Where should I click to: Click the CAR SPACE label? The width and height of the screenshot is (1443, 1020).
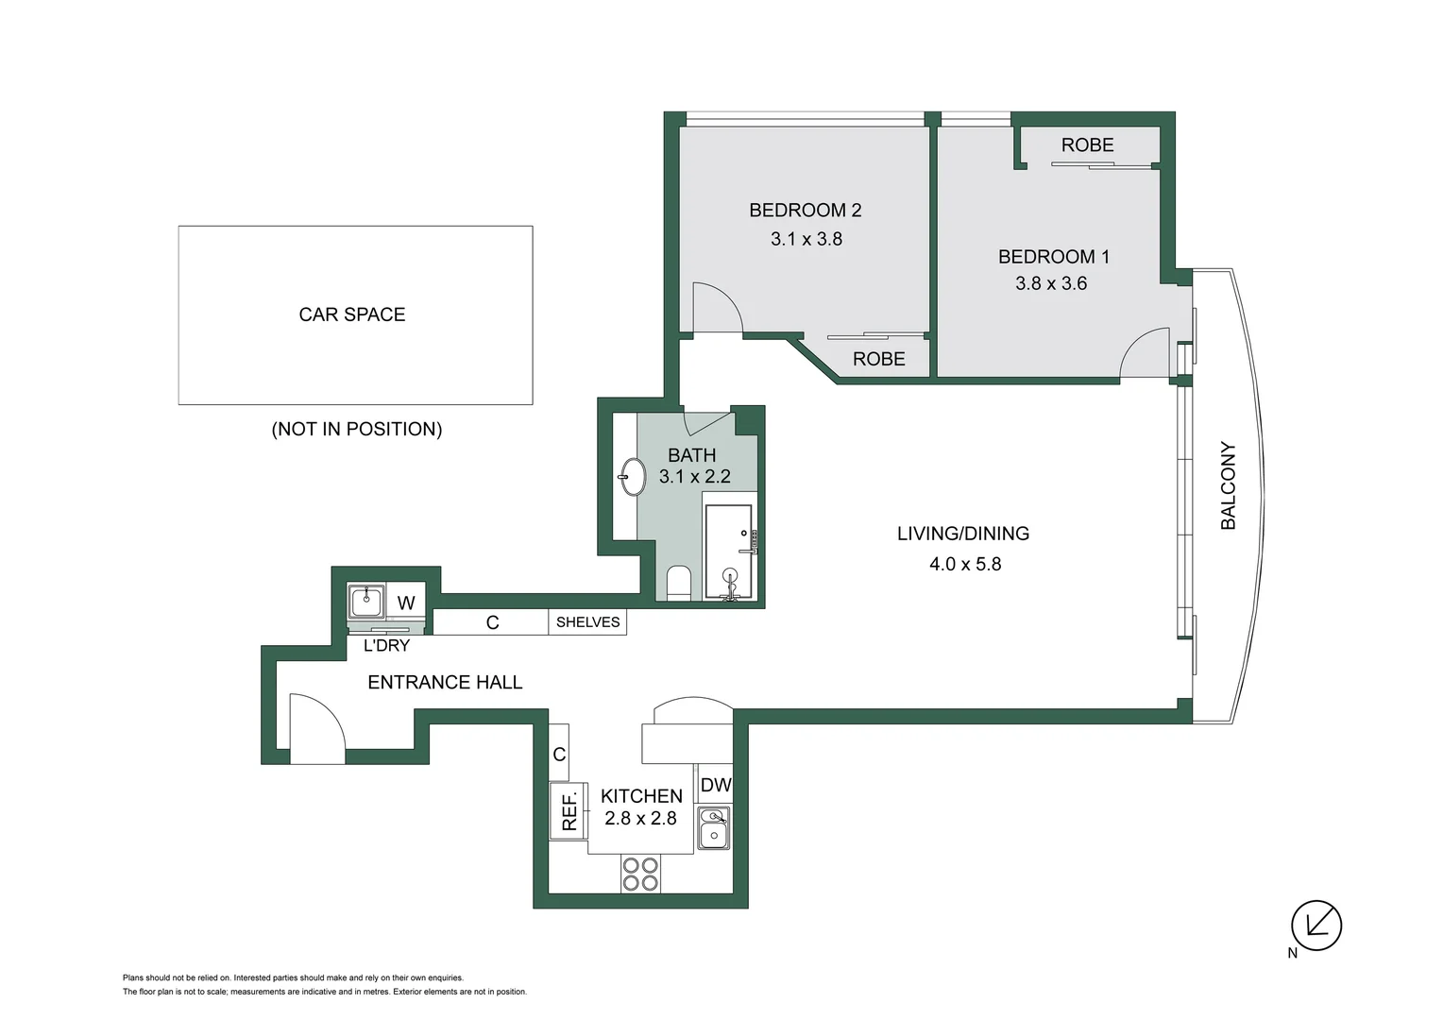point(351,314)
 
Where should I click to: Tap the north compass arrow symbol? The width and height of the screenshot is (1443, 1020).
point(1316,925)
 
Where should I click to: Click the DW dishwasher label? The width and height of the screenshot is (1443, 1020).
point(715,785)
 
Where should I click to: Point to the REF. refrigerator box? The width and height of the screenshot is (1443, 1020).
point(569,810)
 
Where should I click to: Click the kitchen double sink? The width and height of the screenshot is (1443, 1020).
point(714,827)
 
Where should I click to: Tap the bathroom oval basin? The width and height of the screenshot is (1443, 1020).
point(632,476)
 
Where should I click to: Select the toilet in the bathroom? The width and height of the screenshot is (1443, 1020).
point(679,583)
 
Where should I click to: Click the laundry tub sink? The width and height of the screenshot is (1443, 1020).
point(366,600)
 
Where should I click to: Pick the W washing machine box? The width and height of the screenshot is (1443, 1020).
point(406,603)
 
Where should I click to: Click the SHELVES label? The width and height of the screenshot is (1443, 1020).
point(587,622)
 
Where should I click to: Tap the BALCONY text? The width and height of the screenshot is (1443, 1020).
point(1228,485)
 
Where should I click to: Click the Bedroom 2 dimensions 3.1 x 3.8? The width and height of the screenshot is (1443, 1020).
point(806,239)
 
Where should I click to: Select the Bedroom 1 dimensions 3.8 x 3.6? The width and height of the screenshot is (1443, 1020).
point(1051,283)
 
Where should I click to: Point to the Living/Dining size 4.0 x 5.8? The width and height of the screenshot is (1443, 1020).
point(964,564)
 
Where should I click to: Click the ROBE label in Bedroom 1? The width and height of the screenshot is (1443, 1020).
point(1087,145)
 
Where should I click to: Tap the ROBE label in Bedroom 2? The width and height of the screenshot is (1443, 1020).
point(878,359)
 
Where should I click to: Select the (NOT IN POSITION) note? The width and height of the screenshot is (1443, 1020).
point(356,429)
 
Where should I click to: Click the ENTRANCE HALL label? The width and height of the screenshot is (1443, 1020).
point(445,682)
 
